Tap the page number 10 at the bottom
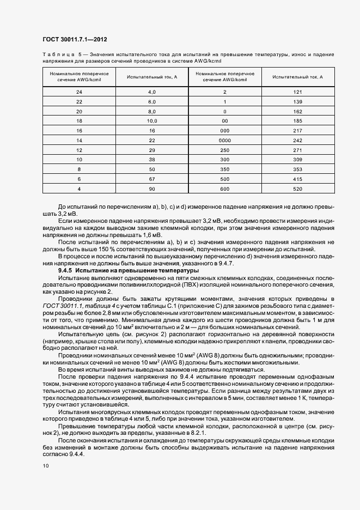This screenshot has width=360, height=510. point(45,465)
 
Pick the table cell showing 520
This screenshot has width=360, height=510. point(297,189)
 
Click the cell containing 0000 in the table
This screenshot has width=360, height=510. point(225,140)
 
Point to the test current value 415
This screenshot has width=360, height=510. point(297,179)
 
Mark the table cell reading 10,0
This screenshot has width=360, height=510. point(152,120)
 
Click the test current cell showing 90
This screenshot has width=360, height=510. point(152,189)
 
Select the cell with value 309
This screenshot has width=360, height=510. point(297,159)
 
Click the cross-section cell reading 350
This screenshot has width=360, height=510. point(225,169)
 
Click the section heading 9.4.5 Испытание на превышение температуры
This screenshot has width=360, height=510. point(128,270)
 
